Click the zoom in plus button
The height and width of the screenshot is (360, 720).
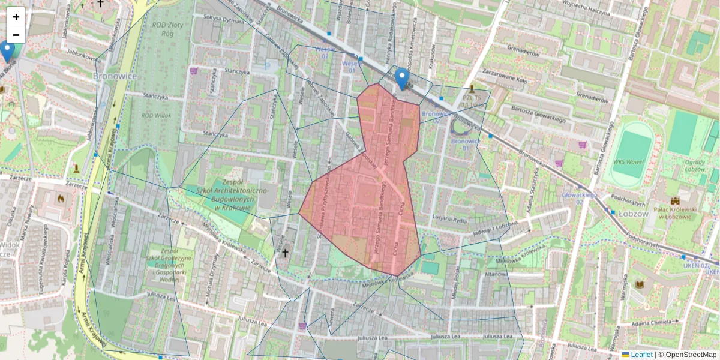(16, 17)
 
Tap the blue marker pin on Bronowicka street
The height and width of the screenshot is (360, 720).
(402, 79)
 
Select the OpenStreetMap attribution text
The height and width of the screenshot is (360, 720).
(688, 355)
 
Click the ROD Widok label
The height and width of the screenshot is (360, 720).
(155, 115)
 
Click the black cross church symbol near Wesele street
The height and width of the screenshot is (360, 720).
(286, 254)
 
